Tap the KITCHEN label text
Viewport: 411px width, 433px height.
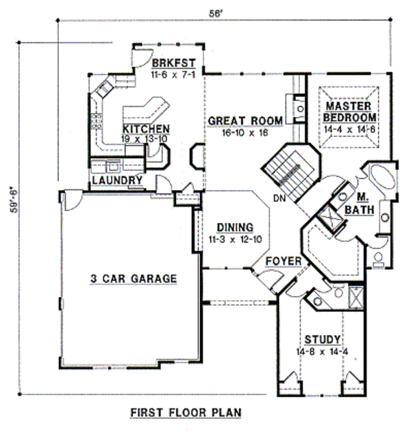point(146,129)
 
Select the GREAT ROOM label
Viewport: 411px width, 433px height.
point(245,121)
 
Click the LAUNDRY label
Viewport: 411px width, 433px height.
point(117,181)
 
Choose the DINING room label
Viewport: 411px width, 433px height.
point(235,227)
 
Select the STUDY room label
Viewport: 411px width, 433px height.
point(323,340)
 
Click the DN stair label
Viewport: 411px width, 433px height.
point(277,198)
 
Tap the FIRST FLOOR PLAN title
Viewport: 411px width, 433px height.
point(185,413)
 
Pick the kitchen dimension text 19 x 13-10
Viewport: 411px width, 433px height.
point(146,138)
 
